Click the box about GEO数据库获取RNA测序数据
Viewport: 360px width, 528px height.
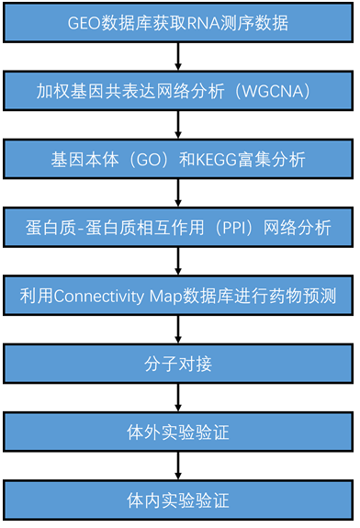(x=178, y=22)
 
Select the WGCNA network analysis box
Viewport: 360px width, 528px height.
(x=178, y=91)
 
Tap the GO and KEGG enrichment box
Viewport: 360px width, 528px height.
(x=178, y=159)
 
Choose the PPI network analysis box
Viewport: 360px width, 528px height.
(x=178, y=227)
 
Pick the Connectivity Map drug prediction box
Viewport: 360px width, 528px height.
(x=178, y=296)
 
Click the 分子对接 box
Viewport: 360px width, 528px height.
(x=178, y=364)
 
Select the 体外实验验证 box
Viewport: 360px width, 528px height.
(x=178, y=432)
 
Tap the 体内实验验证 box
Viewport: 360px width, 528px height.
(x=178, y=500)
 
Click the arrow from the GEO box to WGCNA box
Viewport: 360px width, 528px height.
(x=178, y=57)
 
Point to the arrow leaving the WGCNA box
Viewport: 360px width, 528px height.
(x=178, y=125)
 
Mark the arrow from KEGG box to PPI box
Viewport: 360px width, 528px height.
(x=178, y=193)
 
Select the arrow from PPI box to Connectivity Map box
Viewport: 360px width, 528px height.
(x=178, y=262)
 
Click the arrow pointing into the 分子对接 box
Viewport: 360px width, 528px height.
(x=178, y=330)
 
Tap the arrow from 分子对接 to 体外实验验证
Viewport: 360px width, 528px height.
(x=178, y=398)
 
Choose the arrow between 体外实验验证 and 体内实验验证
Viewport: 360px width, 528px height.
(x=178, y=466)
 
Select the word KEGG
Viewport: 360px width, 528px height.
(x=232, y=159)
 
